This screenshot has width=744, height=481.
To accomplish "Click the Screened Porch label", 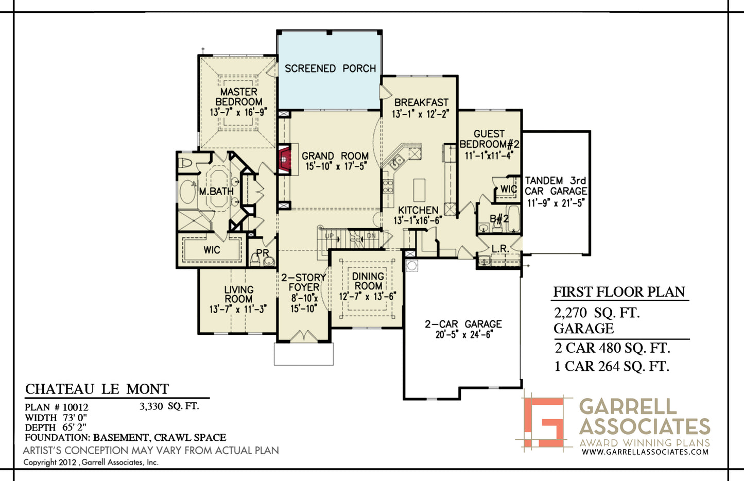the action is point(330,68).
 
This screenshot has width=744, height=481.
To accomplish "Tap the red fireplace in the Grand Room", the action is point(284,160).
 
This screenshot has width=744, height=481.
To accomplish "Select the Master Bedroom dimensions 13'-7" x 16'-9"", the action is point(238,112).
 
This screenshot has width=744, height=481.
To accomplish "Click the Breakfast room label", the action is point(421,102).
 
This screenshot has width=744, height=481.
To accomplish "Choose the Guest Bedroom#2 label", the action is point(489,139).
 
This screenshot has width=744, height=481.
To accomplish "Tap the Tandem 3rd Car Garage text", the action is point(556,186).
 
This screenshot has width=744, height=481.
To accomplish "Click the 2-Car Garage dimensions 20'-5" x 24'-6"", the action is point(463,335).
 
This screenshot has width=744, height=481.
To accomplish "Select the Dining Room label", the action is point(368,281).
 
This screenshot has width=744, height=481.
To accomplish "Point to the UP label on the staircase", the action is point(329,236).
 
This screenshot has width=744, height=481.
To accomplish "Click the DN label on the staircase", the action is point(371,236).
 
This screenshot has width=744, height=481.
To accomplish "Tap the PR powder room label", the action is point(263,253).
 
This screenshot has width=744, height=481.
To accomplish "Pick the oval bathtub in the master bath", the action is point(187,192).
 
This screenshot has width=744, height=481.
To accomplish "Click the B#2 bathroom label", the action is point(499,218).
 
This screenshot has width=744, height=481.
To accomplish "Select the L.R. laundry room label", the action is point(500,249).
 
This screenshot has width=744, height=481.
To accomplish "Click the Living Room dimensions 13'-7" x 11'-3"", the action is point(238,310).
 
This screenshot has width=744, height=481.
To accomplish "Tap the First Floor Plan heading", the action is point(619,291).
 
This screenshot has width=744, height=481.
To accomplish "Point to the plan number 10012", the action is point(75,407).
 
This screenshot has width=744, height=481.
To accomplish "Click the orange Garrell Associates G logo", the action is point(544,422).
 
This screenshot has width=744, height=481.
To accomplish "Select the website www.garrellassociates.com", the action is point(645,452).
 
